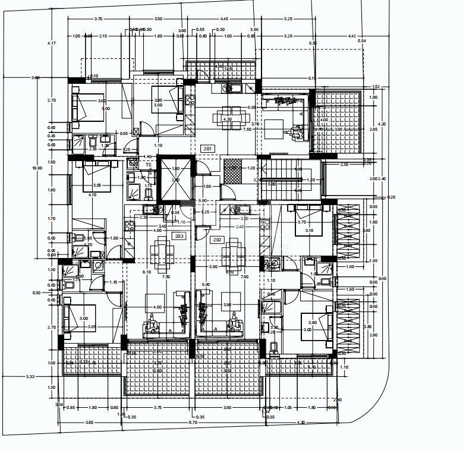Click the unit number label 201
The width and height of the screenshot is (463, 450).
tap(207, 149)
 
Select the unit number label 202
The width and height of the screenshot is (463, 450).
tap(217, 240)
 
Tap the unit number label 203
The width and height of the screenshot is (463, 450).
tap(179, 236)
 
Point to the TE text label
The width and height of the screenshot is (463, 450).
tap(133, 165)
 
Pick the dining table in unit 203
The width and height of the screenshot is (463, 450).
tap(161, 251)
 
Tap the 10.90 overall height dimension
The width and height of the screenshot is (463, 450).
tap(37, 168)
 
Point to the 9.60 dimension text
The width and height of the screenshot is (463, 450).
tap(383, 278)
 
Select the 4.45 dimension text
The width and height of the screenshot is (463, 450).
tap(223, 19)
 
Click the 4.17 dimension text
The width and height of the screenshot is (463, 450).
tap(52, 43)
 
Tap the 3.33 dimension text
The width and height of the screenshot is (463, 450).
tap(30, 376)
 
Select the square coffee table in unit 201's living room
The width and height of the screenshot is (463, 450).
tap(274, 128)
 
